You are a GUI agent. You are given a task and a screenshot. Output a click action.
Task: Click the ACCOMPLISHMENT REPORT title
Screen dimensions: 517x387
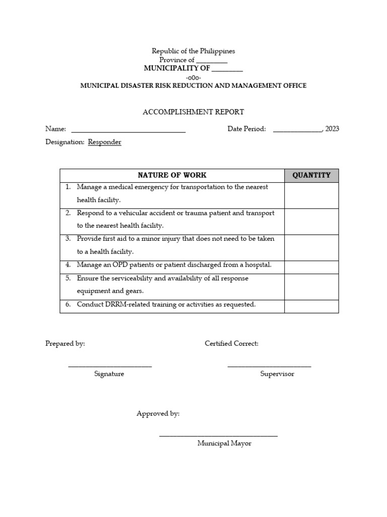(193, 112)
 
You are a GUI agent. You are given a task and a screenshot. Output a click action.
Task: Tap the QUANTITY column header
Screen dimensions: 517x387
(311, 175)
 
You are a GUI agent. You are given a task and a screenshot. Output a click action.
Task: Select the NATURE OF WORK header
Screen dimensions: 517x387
(172, 175)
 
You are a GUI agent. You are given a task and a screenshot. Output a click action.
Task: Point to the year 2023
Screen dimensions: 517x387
(332, 129)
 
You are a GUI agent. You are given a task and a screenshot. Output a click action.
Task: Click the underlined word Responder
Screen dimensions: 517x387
(104, 142)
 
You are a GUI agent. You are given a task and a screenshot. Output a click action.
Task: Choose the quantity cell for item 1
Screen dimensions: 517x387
(311, 195)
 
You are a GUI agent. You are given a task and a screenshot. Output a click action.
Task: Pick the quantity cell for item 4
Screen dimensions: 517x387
(311, 267)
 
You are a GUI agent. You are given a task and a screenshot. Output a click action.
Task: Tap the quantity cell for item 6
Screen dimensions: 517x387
(311, 306)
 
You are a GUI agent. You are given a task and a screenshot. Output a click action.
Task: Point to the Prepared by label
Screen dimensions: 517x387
(65, 344)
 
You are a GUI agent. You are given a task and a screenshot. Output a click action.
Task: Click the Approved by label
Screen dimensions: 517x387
(158, 414)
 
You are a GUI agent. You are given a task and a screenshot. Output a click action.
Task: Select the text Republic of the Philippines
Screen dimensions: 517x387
(193, 51)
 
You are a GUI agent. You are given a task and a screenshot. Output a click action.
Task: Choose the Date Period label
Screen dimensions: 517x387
(246, 129)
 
